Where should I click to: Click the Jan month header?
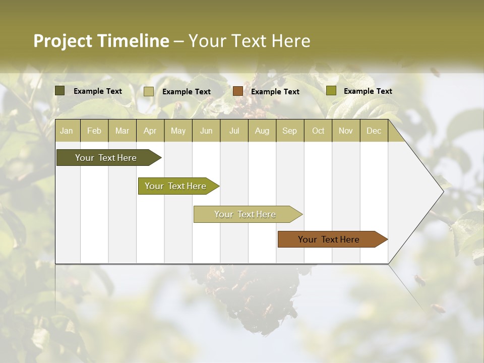pos(67,131)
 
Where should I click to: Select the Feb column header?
pos(94,131)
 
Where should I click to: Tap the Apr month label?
pos(150,131)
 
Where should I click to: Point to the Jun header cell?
pos(206,131)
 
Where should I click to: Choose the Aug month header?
pos(262,131)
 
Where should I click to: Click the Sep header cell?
pos(289,131)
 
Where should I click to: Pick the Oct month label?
pos(318,131)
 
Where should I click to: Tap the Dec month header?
pos(374,131)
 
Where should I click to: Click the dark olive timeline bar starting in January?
pos(106,158)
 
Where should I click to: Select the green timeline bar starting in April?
pos(175,186)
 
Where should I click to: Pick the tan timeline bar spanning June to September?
pos(245,214)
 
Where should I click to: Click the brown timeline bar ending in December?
pos(329,239)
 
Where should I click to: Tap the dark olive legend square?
pos(60,91)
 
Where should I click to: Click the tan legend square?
pos(149,91)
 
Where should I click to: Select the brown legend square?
pos(238,91)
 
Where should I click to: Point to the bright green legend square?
pos(331,91)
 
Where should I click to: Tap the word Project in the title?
pos(63,41)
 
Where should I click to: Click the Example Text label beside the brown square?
pos(275,92)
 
